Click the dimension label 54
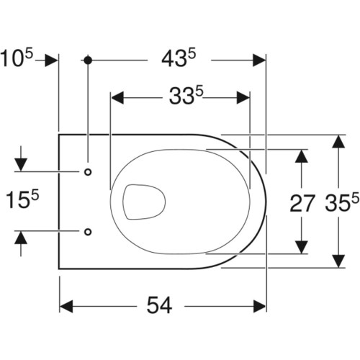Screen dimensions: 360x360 point(159,305)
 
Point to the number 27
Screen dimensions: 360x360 point(302,203)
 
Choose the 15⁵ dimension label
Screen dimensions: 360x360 point(22,199)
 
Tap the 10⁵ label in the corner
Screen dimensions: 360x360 point(17,58)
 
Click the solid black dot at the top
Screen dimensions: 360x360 point(88,60)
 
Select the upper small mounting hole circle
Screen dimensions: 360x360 point(88,172)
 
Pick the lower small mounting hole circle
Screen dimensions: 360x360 point(88,232)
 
